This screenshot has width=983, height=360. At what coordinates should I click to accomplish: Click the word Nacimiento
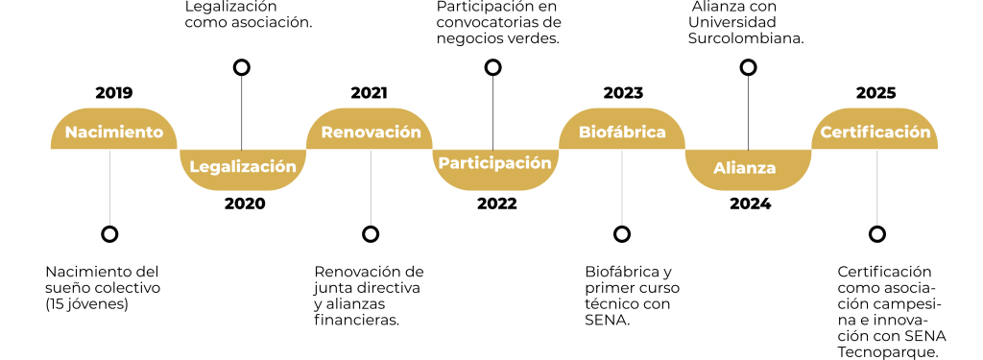(114, 132)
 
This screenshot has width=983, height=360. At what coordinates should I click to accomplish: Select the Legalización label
(243, 166)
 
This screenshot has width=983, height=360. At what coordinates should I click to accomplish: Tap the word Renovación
(371, 132)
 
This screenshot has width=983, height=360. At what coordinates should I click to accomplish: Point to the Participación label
(495, 162)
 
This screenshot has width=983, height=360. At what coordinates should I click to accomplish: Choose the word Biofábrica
(623, 132)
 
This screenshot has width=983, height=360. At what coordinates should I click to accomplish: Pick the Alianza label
(745, 168)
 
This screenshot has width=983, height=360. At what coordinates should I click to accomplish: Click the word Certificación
(875, 132)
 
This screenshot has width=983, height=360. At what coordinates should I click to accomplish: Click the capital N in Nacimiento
(71, 132)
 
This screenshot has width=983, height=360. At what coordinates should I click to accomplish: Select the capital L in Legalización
(194, 166)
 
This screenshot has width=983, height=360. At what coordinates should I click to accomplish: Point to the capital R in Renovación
(326, 132)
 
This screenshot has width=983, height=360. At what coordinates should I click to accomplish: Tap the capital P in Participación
(444, 162)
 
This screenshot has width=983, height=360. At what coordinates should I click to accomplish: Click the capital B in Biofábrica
(585, 132)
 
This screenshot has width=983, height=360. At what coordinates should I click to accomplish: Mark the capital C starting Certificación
(826, 132)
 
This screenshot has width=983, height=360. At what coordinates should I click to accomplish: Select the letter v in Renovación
(373, 133)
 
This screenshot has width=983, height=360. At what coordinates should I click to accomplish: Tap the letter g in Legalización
(220, 168)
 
